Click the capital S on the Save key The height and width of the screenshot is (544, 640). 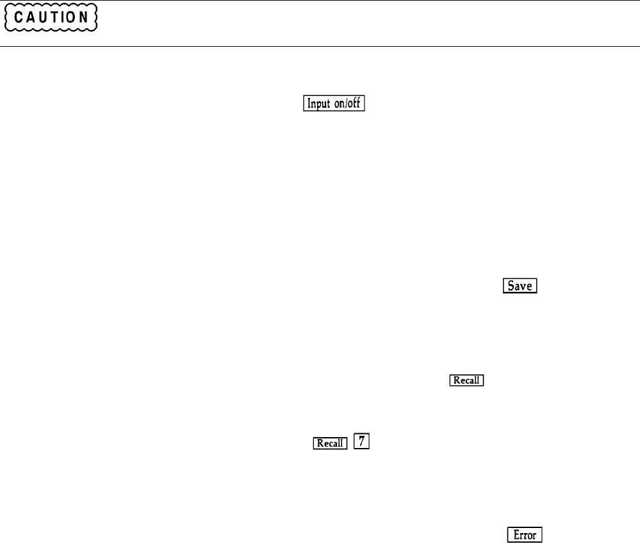511,286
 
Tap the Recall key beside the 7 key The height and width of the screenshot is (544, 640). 330,443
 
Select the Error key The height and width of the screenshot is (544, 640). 525,534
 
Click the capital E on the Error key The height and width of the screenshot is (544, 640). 514,534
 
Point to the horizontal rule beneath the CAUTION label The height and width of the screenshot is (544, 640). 320,46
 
